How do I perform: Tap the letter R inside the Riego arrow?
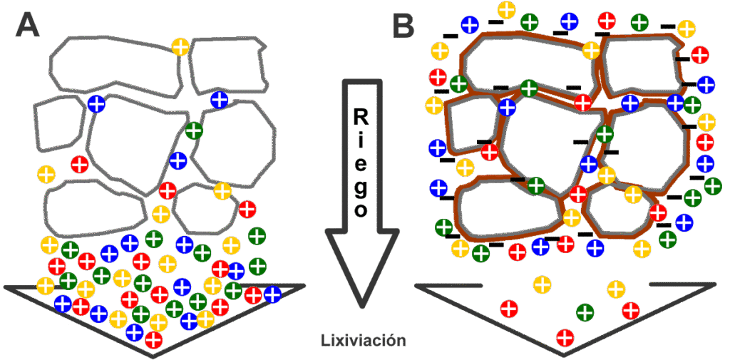(x=362, y=117)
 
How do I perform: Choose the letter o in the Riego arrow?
(x=362, y=211)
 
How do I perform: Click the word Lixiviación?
(x=363, y=340)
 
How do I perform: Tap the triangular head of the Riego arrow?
(x=362, y=264)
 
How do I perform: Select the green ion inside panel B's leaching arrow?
(x=585, y=312)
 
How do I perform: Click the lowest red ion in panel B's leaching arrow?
(x=565, y=336)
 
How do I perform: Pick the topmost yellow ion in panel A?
(x=180, y=48)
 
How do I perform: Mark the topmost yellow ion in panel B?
(x=506, y=10)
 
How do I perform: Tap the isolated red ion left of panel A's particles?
(x=80, y=164)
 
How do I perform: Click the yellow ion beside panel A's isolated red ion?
(x=46, y=174)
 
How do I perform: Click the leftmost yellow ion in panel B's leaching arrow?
(x=542, y=284)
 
